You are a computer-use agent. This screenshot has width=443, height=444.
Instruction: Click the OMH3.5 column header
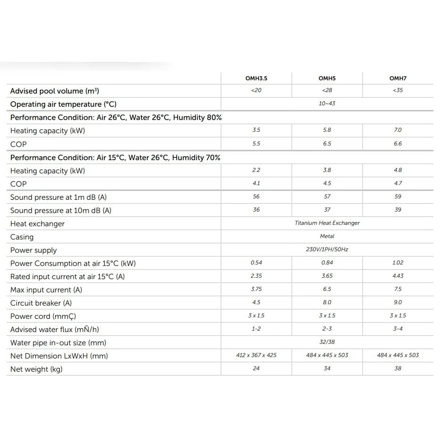256,78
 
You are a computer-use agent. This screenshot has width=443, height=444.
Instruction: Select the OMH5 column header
327,78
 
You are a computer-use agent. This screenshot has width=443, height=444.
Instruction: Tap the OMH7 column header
398,78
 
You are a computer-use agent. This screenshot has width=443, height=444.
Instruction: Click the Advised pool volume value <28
327,90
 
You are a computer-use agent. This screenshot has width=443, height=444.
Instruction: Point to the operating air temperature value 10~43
327,103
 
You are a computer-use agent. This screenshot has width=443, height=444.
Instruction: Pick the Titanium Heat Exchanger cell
327,223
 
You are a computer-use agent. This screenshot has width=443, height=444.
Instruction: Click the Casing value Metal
327,236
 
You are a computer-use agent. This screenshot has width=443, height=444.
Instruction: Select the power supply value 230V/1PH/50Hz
327,249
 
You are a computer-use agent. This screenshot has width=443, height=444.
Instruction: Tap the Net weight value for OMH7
398,368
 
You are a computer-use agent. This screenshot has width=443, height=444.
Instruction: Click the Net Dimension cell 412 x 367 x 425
256,355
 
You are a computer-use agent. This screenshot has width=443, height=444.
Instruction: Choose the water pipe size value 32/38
327,342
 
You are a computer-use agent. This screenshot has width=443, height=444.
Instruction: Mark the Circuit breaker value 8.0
327,302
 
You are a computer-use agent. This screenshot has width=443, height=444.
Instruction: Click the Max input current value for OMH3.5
256,289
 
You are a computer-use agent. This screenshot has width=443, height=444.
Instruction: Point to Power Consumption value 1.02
398,263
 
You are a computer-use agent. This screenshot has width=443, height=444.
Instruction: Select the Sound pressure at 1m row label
62,197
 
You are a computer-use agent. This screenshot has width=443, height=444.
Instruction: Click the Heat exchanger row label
37,224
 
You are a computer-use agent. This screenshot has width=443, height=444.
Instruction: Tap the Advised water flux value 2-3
327,329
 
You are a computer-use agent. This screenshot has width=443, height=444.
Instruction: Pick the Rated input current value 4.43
398,276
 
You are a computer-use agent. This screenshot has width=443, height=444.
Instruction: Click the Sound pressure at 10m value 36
256,210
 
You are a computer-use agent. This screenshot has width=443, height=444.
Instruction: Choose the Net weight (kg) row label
36,369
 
